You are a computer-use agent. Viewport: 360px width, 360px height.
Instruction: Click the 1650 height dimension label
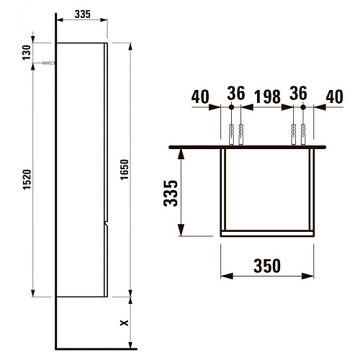tap(125, 169)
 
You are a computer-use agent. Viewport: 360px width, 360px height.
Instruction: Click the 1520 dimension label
tap(27, 179)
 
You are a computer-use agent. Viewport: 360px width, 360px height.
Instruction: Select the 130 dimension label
tap(27, 53)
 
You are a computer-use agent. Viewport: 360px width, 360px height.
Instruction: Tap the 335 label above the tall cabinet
tap(83, 14)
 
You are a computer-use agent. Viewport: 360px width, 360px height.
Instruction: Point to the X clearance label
tap(124, 323)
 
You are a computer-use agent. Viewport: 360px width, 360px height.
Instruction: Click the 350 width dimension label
tap(267, 266)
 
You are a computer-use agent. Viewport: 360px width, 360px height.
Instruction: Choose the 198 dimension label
tap(268, 96)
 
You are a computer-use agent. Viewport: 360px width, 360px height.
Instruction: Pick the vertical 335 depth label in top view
tap(171, 194)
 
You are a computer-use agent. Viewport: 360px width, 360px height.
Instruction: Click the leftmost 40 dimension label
tap(200, 96)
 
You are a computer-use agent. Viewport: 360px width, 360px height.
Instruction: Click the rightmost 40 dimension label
tap(335, 96)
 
